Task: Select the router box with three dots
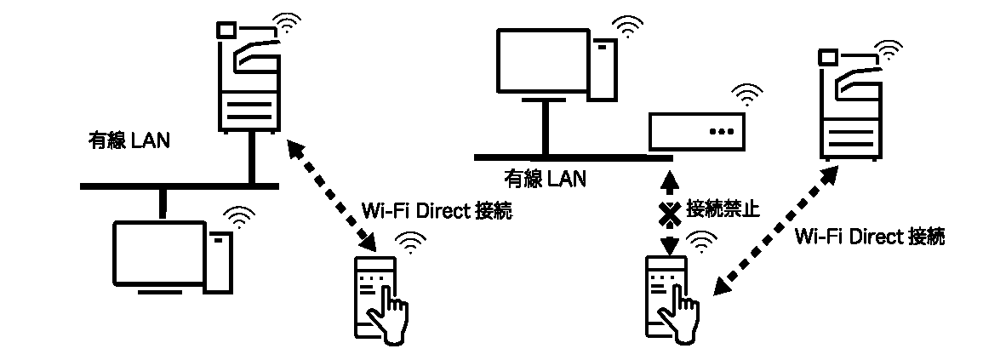click(696, 132)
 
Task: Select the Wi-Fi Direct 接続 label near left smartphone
click(437, 210)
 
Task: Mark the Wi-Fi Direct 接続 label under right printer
click(868, 236)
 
